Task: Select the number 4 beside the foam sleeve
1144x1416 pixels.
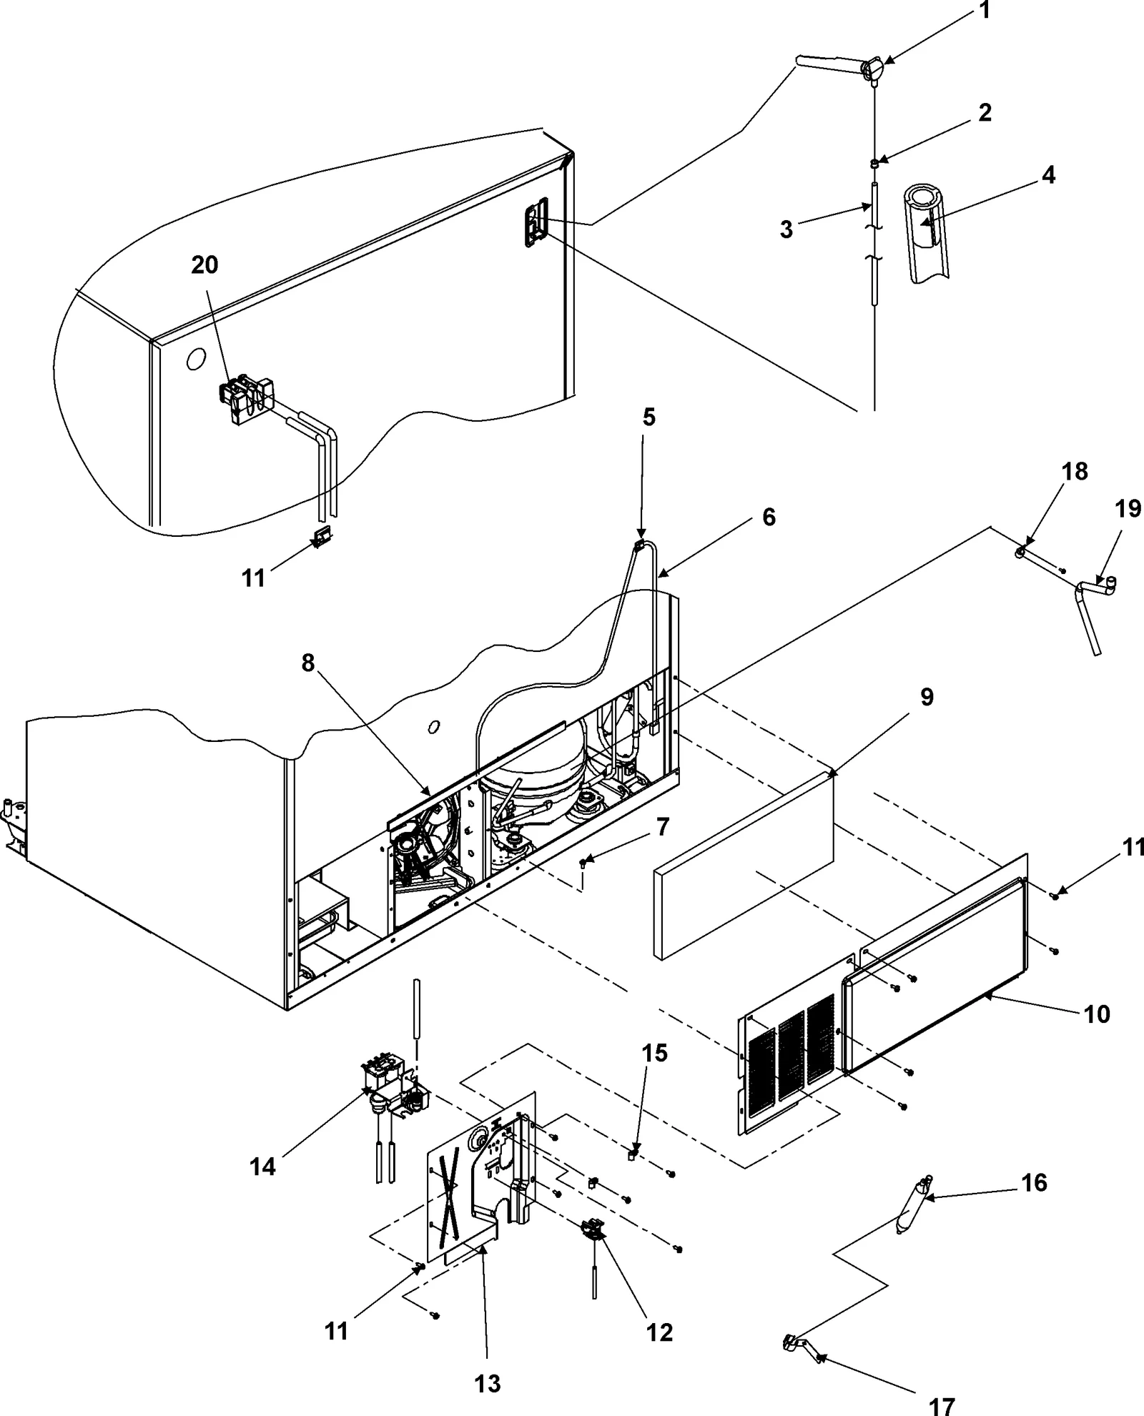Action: click(1047, 175)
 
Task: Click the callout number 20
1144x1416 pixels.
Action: click(204, 265)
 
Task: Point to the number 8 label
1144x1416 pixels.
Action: click(307, 663)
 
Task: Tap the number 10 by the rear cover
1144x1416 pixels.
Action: click(1097, 1014)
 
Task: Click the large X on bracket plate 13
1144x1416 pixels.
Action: click(449, 1202)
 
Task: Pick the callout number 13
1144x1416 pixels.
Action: click(488, 1383)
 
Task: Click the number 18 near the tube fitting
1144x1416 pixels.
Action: click(1075, 472)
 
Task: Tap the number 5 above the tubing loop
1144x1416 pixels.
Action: click(649, 417)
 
